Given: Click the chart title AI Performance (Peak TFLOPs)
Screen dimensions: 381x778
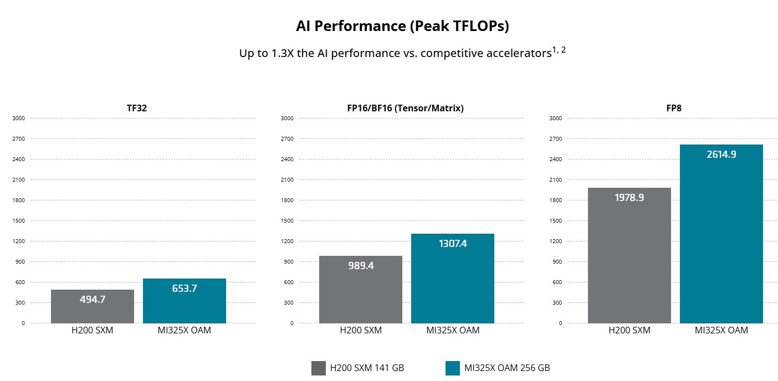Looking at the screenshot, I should point(402,26).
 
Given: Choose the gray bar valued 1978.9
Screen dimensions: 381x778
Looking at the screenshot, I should point(629,255).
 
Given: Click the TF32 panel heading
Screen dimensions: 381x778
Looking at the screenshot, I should point(137,108).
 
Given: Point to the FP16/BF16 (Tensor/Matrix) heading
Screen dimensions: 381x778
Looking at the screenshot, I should point(402,108).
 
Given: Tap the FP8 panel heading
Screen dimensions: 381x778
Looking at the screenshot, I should point(674,108).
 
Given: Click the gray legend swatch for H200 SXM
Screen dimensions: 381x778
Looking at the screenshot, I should point(319,368).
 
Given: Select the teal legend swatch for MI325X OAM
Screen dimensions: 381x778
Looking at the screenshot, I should point(453,368).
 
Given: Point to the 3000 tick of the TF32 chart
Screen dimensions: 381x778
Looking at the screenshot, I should point(18,118).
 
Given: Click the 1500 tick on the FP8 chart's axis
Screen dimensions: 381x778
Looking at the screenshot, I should point(555,220).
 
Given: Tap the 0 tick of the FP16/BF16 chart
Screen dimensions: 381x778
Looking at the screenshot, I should point(291,323).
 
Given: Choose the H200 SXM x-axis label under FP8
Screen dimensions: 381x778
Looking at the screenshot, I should point(629,331).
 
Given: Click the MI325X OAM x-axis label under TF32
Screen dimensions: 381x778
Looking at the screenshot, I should point(185,331).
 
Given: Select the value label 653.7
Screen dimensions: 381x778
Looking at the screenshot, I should point(185,289).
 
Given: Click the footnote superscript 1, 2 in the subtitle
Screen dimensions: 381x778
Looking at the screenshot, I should point(559,50).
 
